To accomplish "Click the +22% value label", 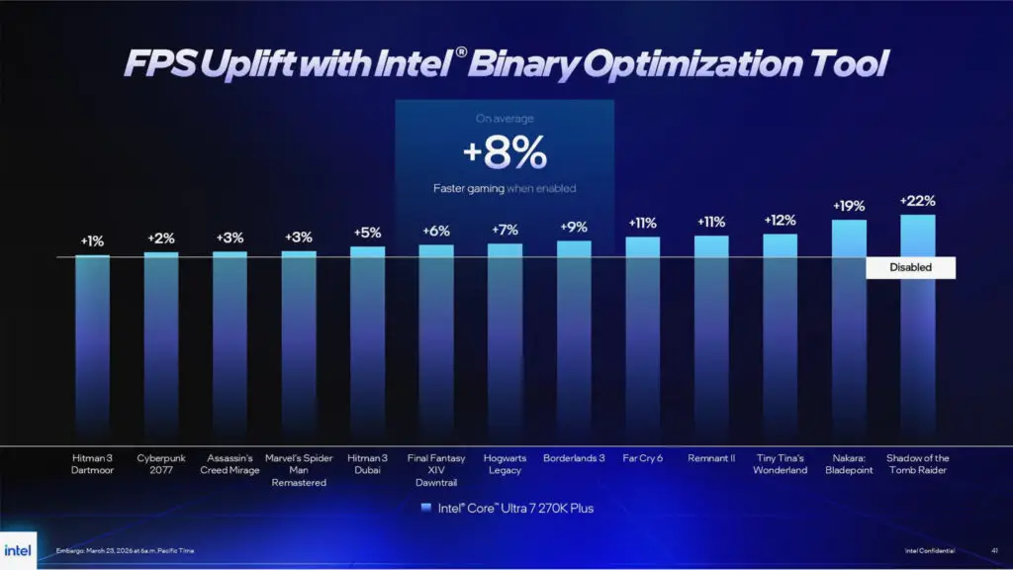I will click(917, 201).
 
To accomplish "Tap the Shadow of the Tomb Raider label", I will click(917, 464).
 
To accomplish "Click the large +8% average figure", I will click(505, 153).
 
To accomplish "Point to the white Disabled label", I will click(910, 267).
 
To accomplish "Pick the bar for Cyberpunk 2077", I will click(161, 346).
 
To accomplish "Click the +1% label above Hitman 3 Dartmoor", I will click(92, 240).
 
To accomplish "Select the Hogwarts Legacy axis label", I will click(505, 464).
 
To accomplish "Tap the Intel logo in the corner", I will click(18, 550).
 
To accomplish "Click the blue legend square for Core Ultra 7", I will click(425, 508).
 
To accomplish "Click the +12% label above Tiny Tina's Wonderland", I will click(780, 220).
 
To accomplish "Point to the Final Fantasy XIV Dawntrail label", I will click(436, 470).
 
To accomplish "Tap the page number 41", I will click(993, 550).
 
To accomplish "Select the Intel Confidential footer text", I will click(930, 550).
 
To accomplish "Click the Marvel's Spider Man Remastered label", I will click(299, 470).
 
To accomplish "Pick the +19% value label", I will click(849, 206).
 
